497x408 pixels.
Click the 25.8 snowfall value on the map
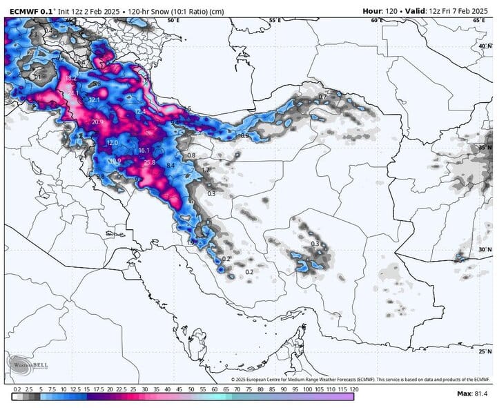pos(149,162)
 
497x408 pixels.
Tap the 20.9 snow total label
pos(97,122)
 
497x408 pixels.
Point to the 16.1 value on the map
pos(144,150)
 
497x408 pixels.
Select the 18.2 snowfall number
pos(70,78)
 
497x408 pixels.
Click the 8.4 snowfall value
pos(171,166)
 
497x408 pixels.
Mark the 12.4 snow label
pos(140,111)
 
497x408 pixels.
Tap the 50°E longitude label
pos(173,21)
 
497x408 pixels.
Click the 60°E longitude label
pos(376,21)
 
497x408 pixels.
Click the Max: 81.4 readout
pos(473,394)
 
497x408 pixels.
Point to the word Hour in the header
pos(374,10)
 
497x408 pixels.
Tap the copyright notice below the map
pos(360,380)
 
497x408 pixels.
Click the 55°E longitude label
pos(275,21)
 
